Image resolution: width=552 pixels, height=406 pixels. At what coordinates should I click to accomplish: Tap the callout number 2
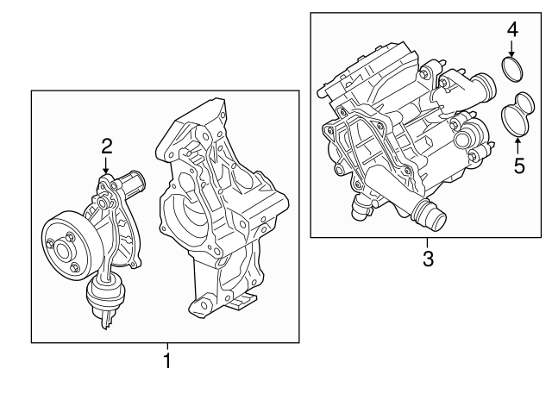coord(106,145)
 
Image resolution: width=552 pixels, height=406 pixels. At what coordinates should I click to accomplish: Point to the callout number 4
coord(511,29)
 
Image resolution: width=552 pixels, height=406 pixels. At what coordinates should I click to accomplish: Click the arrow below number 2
coord(106,165)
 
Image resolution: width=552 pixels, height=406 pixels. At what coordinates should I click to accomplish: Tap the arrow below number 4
coord(512,50)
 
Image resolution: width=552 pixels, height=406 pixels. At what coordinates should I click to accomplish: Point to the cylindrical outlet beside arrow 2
coord(132,182)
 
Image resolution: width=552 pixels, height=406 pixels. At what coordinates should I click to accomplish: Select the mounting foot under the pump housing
coord(242,302)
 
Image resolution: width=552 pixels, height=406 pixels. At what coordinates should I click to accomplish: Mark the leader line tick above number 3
coord(426,241)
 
